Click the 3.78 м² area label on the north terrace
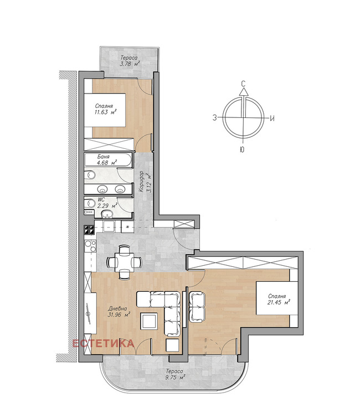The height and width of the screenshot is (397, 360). coord(130,64)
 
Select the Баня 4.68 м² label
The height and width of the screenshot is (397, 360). coord(106,160)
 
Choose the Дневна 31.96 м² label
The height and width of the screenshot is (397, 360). coord(119,312)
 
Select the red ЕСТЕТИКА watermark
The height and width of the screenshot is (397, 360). coord(104,343)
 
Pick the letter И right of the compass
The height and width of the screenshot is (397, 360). coord(272,118)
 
